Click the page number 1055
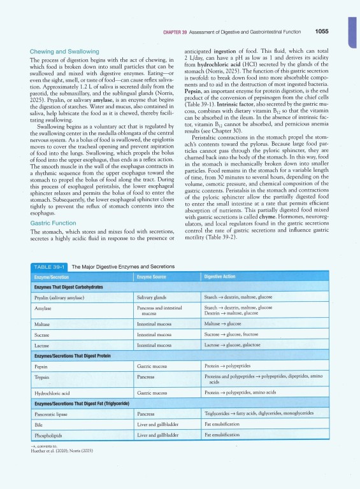317,31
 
